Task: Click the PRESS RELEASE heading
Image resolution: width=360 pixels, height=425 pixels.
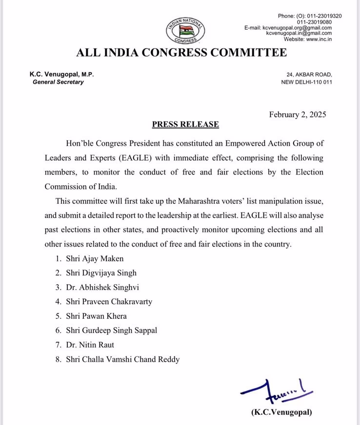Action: point(185,124)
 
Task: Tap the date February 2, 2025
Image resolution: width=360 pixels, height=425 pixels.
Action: point(297,115)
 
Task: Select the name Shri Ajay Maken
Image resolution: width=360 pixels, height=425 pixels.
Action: point(95,258)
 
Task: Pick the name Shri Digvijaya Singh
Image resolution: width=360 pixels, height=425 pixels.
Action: point(101,272)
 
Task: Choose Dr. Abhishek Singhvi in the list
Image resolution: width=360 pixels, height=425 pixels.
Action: point(99,287)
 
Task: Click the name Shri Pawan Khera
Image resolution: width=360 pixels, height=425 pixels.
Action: point(96,316)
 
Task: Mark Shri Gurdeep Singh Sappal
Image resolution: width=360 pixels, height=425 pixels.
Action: point(111,330)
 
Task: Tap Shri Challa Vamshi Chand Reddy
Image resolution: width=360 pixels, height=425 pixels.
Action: point(123,359)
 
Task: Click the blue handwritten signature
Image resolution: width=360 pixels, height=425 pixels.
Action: point(273,389)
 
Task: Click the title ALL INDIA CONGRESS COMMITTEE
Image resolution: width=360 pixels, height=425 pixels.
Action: point(180,53)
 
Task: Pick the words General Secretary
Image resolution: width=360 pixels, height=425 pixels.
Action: point(58,82)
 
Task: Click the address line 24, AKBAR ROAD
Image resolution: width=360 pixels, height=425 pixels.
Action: point(309,75)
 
